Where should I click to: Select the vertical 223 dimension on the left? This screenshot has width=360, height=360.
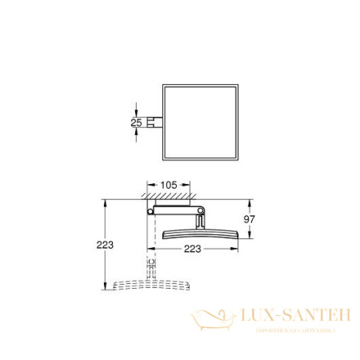point(95,243)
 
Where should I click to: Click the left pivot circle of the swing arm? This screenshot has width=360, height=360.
point(150,211)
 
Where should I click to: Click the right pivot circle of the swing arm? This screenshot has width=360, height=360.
point(201,211)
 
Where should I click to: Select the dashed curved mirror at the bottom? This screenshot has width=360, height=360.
point(151,284)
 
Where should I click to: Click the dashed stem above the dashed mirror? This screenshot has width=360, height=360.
point(150,265)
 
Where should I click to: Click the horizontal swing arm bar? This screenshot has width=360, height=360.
point(175,211)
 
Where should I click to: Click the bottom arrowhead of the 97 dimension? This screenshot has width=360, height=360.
point(250,237)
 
